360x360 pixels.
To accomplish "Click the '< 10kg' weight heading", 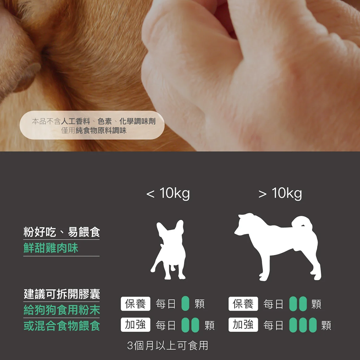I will coord(168,193).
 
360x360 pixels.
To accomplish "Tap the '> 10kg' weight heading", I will coord(280,193).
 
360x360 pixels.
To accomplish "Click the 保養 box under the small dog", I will coord(136,304).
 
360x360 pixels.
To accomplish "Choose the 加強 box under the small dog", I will coord(136,325).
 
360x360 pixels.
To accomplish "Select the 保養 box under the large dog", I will coord(244,304).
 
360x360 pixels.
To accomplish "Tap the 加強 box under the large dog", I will coord(244,325).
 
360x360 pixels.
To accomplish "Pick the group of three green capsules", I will coord(303,325).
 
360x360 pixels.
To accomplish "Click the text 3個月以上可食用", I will coord(168,345).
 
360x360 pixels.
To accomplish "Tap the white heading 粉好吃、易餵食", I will coord(61,232).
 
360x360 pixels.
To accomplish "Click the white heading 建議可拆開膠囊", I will coord(61,294).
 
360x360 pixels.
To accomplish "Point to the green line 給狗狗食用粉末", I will coord(61,310).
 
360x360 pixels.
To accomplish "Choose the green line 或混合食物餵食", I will coord(61,325).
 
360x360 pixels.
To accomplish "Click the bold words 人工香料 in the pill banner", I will coord(76,121).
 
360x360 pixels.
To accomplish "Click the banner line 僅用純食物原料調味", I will coord(93,131).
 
